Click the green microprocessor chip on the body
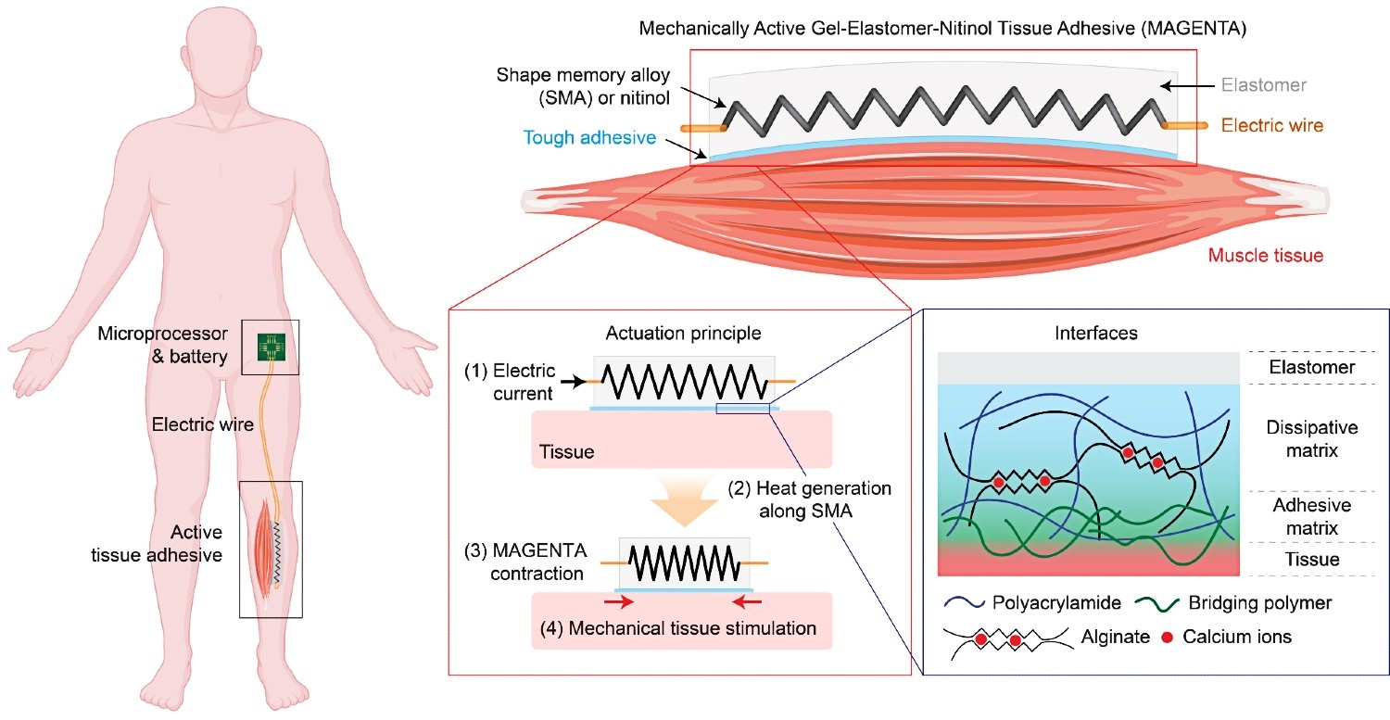[272, 347]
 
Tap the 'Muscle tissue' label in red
[1265, 255]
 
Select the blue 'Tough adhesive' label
[589, 137]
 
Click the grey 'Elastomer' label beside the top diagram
[1263, 84]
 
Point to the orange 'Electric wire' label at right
[1272, 125]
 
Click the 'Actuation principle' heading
[683, 334]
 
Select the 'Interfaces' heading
[1096, 334]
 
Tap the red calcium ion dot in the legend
[1168, 637]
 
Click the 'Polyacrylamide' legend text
[1056, 602]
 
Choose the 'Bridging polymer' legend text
[1259, 602]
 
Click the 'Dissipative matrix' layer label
[1312, 438]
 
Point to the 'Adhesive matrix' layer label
[1312, 516]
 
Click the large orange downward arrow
[684, 501]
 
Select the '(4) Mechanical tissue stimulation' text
[677, 628]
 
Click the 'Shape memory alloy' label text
[583, 75]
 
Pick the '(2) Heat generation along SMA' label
[809, 499]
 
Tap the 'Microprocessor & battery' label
[162, 345]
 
